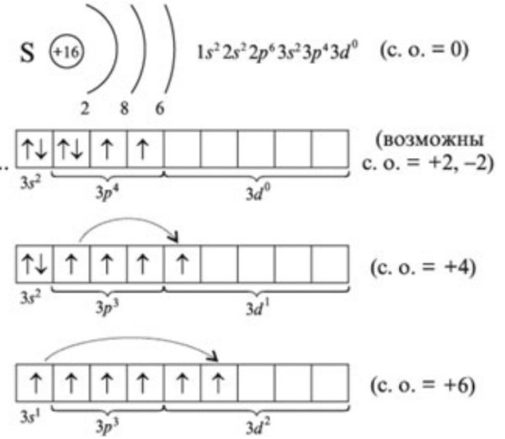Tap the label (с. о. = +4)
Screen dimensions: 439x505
click(x=423, y=267)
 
